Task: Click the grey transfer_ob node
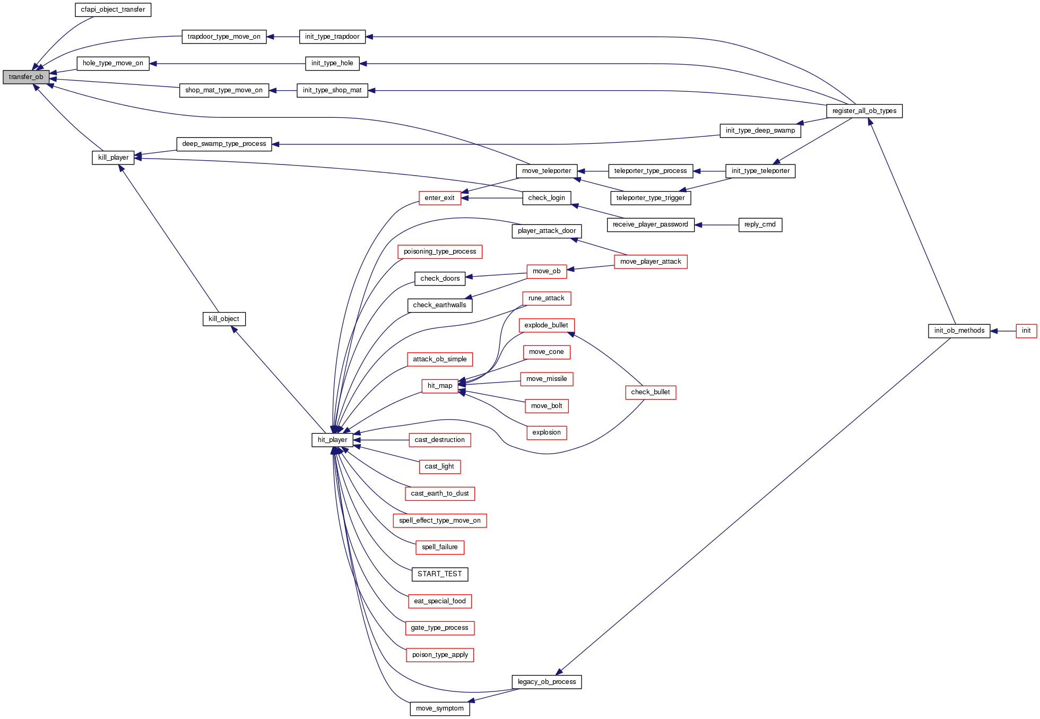[26, 77]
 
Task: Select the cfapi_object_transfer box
[113, 10]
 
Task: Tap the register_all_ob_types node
[864, 111]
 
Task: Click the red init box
[1026, 331]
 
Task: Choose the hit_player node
[332, 440]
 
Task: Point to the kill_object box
[224, 319]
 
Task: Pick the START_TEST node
[439, 574]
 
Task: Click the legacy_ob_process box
[547, 682]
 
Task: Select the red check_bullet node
[650, 392]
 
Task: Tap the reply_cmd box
[760, 224]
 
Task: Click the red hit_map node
[440, 386]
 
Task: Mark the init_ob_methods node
[959, 331]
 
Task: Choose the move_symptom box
[439, 708]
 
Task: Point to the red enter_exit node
[439, 198]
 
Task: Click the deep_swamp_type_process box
[224, 144]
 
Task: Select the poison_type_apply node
[439, 655]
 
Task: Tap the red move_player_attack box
[651, 262]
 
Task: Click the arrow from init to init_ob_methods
[1003, 331]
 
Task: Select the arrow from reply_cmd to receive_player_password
[716, 225]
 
